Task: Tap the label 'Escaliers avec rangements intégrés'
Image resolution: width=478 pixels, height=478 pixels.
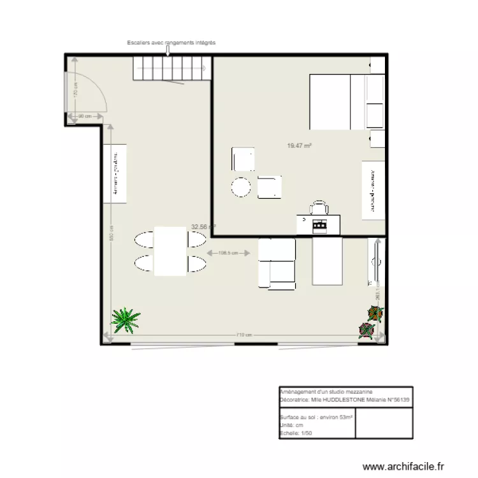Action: [x=171, y=43]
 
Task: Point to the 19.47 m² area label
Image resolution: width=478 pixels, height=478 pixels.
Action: [x=299, y=146]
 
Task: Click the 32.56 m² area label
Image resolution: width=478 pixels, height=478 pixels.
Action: [x=203, y=226]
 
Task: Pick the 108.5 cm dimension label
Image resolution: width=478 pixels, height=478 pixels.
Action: [x=228, y=252]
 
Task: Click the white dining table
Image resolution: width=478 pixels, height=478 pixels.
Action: [x=170, y=251]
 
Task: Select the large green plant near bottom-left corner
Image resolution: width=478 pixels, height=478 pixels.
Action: [x=126, y=319]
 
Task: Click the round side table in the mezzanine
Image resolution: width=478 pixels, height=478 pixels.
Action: [x=241, y=187]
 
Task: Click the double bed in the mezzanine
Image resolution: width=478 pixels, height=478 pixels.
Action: [x=338, y=102]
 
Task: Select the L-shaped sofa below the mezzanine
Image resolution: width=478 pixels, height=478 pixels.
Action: [x=277, y=263]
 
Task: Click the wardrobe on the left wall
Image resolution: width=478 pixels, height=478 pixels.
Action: [x=115, y=173]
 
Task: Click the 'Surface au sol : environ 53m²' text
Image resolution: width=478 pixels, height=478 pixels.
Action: [x=315, y=417]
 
